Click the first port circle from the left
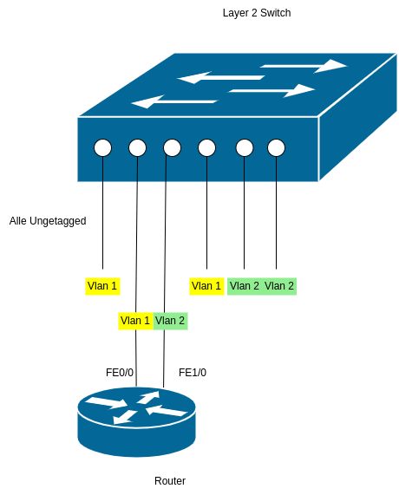(x=103, y=147)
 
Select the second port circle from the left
(x=137, y=147)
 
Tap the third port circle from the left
(x=172, y=147)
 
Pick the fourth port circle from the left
(x=206, y=147)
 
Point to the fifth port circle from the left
(x=245, y=147)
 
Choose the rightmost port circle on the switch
(x=276, y=147)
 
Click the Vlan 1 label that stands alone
(x=102, y=286)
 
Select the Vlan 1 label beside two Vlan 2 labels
(x=206, y=286)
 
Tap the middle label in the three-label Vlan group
(x=244, y=286)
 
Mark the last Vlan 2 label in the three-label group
(x=279, y=286)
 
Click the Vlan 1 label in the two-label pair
(x=135, y=321)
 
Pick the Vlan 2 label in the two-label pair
(x=170, y=321)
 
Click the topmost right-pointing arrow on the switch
(x=304, y=65)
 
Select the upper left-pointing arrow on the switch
(x=220, y=78)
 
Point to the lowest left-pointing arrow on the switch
(x=173, y=101)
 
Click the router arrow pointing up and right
(x=149, y=398)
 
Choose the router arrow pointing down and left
(x=125, y=417)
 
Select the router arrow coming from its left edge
(x=106, y=402)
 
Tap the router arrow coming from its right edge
(x=168, y=409)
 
